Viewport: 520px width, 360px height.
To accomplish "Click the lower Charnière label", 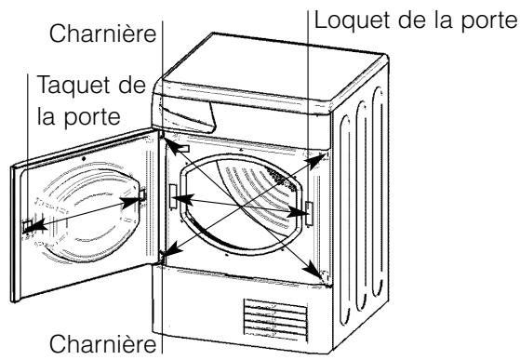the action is [103, 341].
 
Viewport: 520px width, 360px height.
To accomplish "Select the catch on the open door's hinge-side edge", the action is [142, 195].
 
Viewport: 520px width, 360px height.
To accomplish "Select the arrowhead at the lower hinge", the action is [167, 250].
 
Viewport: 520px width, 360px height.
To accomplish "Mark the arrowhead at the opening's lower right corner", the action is [321, 275].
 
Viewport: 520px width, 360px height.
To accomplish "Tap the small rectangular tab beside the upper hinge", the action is [181, 147].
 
